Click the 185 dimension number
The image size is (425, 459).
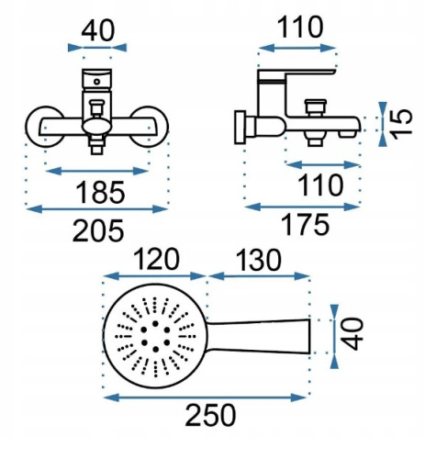coord(100,192)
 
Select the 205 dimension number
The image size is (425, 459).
coord(98,230)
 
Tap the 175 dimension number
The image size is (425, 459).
coord(305,225)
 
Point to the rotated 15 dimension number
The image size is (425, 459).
coord(401,124)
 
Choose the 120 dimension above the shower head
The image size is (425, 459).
coord(156,259)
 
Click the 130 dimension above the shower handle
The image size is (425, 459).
coord(259,260)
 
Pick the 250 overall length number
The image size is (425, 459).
coord(210,415)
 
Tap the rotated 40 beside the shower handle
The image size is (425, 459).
coord(352,334)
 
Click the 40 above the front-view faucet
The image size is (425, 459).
coord(98,30)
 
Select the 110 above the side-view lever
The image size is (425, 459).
coord(300,28)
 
